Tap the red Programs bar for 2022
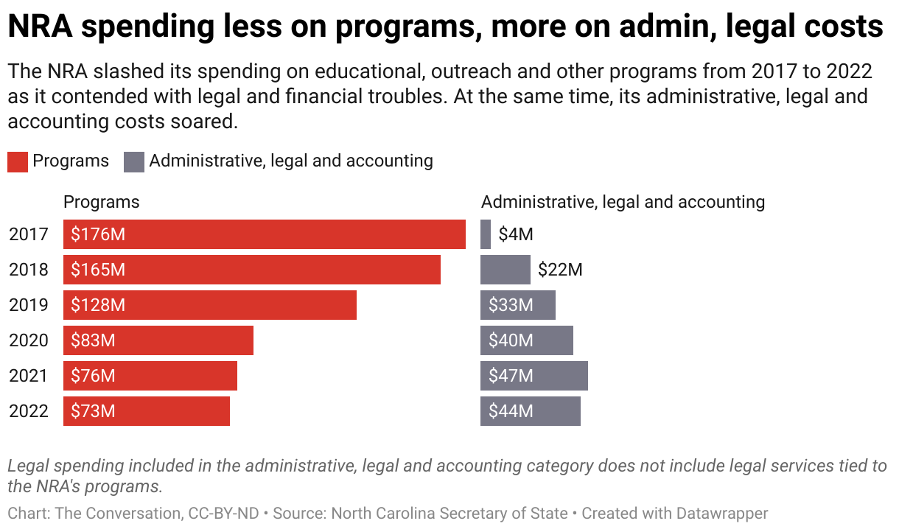click(147, 411)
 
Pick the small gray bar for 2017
click(486, 234)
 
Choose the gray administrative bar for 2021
click(534, 376)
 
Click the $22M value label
click(560, 270)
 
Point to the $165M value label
click(98, 270)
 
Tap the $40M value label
click(511, 340)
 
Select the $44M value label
click(511, 411)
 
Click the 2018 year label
click(29, 270)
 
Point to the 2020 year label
click(29, 340)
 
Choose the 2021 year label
click(29, 376)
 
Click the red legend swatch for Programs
click(18, 161)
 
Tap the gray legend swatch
click(134, 161)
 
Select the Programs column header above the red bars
click(102, 202)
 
